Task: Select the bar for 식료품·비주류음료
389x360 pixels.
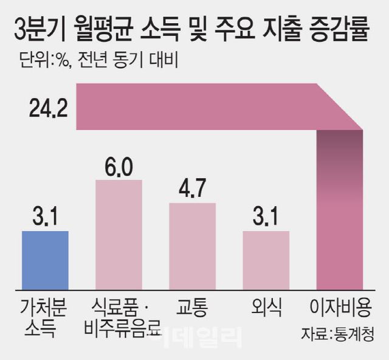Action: (119, 234)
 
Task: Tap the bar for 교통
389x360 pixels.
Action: (192, 245)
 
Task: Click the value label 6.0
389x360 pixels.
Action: (119, 166)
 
